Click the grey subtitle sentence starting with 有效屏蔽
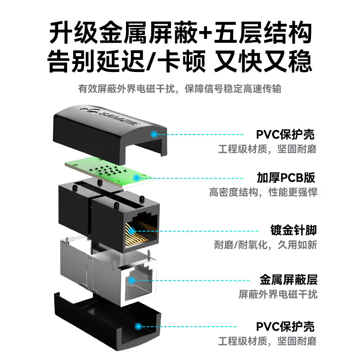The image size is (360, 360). click(x=180, y=89)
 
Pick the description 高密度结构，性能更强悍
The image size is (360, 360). click(x=263, y=193)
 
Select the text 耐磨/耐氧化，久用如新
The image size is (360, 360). click(x=265, y=246)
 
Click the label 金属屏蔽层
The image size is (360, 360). click(x=288, y=280)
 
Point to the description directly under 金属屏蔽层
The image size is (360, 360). click(x=278, y=295)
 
